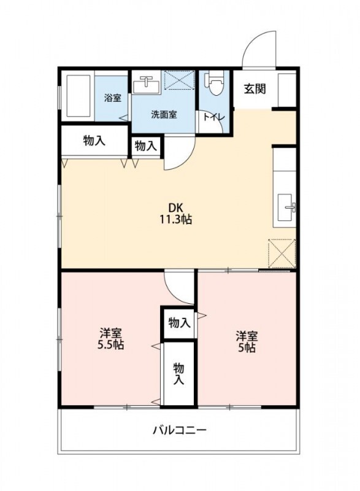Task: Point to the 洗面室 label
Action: [164, 114]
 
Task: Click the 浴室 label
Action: [112, 98]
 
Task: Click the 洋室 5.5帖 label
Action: [111, 339]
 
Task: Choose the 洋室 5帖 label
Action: [247, 342]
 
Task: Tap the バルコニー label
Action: [179, 430]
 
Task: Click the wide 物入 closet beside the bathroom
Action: [94, 141]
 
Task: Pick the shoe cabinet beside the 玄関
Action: [286, 90]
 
